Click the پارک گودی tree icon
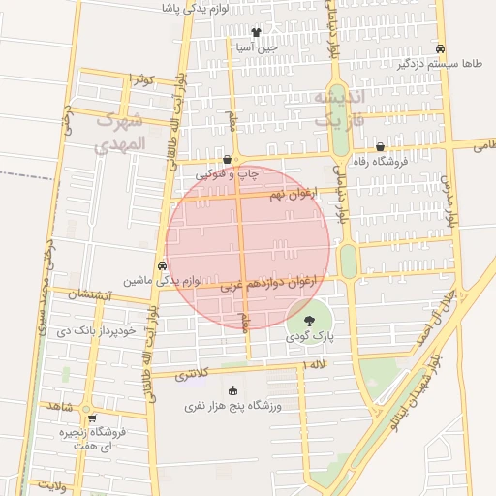coord(308,321)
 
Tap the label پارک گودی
coord(309,336)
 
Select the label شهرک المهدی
coord(120,133)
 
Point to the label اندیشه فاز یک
coord(341,108)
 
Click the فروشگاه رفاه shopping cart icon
coord(392,146)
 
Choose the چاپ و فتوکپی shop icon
coord(227,160)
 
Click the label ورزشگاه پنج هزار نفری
coord(232,407)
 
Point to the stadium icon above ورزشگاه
coord(232,390)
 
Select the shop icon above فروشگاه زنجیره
coord(92,420)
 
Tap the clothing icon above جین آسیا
coord(256,31)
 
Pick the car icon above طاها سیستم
coord(441,48)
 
